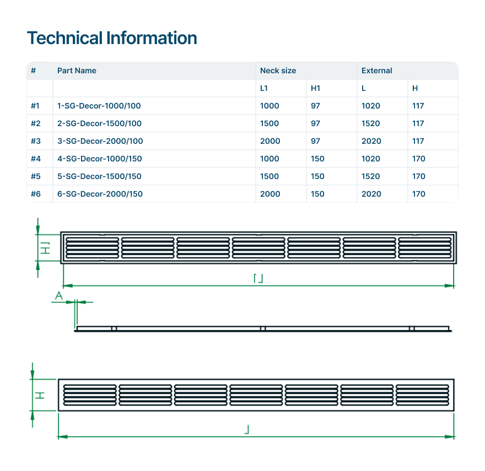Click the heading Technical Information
pyautogui.click(x=112, y=38)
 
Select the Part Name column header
pyautogui.click(x=77, y=71)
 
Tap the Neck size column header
pyautogui.click(x=278, y=71)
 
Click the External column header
pyautogui.click(x=376, y=71)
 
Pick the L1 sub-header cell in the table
pyautogui.click(x=264, y=88)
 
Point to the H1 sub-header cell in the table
pyautogui.click(x=315, y=88)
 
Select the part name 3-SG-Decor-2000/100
pyautogui.click(x=100, y=141)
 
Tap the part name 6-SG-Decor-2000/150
pyautogui.click(x=100, y=194)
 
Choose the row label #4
pyautogui.click(x=35, y=159)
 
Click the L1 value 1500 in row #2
pyautogui.click(x=270, y=123)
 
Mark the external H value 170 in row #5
pyautogui.click(x=418, y=176)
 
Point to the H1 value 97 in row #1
pyautogui.click(x=315, y=106)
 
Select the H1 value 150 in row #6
pyautogui.click(x=317, y=194)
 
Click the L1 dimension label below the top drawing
pyautogui.click(x=258, y=279)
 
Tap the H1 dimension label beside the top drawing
pyautogui.click(x=47, y=246)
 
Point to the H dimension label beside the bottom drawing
pyautogui.click(x=40, y=395)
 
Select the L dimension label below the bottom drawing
pyautogui.click(x=247, y=429)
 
